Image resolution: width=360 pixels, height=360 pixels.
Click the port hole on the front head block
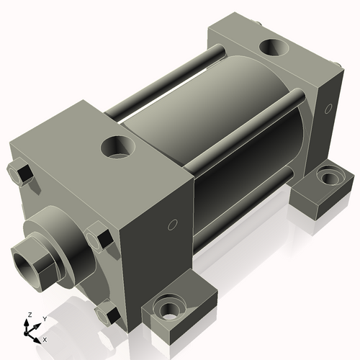point(117,148)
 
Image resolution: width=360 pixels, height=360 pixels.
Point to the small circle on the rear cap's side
point(328,109)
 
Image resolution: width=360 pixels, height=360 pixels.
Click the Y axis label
point(44,318)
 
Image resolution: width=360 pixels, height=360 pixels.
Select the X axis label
point(45,338)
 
